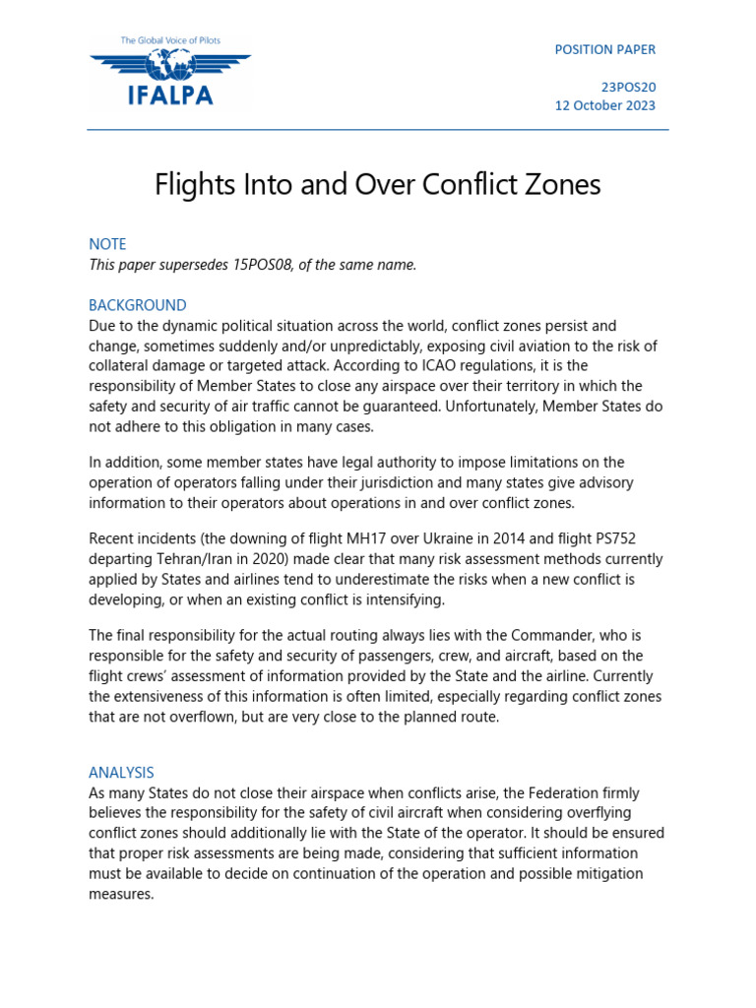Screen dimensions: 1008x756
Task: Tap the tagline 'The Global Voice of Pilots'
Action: coord(170,40)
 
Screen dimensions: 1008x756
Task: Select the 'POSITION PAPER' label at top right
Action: coord(604,49)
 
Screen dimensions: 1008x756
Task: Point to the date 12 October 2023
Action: coord(604,105)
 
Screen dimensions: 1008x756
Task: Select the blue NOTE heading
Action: coord(107,244)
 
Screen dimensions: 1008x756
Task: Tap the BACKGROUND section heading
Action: coord(138,305)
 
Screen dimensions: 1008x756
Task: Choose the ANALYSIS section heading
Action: coord(121,773)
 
